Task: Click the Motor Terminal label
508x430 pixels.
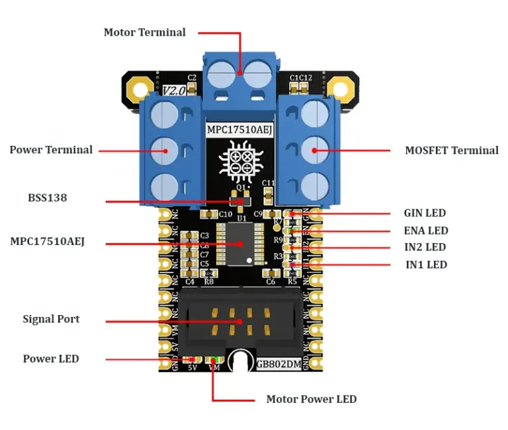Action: pos(144,32)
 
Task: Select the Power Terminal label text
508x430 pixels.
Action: pos(51,150)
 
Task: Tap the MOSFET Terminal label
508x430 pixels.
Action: pos(451,151)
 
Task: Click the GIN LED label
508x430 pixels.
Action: pos(425,213)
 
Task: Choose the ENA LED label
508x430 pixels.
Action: pos(426,231)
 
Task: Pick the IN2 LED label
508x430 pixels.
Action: pos(425,247)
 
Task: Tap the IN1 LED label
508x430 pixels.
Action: pos(426,265)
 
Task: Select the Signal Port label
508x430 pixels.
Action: pos(51,319)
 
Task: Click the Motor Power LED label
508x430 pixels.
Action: pos(311,399)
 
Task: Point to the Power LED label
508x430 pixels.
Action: pos(51,359)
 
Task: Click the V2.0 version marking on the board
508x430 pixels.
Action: pos(173,90)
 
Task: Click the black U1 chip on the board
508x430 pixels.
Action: pos(240,244)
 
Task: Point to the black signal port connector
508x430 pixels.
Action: pos(240,320)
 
